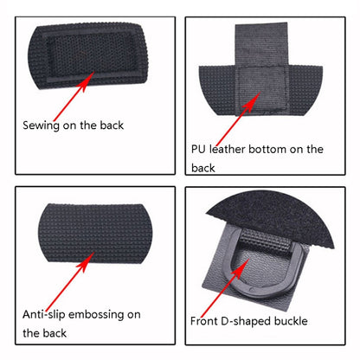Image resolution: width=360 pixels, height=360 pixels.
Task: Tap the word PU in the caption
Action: [x=198, y=149]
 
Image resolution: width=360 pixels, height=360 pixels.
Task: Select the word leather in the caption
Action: [x=228, y=149]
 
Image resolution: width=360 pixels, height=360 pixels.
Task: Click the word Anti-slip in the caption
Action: [x=44, y=314]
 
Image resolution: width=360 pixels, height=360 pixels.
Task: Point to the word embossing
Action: [x=97, y=315]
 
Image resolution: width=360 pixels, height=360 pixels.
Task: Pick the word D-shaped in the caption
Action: [x=246, y=321]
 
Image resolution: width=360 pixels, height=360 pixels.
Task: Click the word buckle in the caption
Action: [x=291, y=321]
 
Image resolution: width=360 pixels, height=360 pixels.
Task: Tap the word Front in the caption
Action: [x=203, y=321]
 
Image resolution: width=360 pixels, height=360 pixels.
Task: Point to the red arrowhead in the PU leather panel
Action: [x=253, y=100]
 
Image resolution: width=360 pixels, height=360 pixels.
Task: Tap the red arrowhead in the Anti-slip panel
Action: [x=87, y=260]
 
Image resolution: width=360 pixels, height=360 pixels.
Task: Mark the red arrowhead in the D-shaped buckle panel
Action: [x=241, y=267]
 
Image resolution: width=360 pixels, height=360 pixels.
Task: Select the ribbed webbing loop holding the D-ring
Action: [x=265, y=241]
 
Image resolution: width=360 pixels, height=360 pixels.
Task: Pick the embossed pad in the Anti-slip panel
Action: [x=95, y=233]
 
